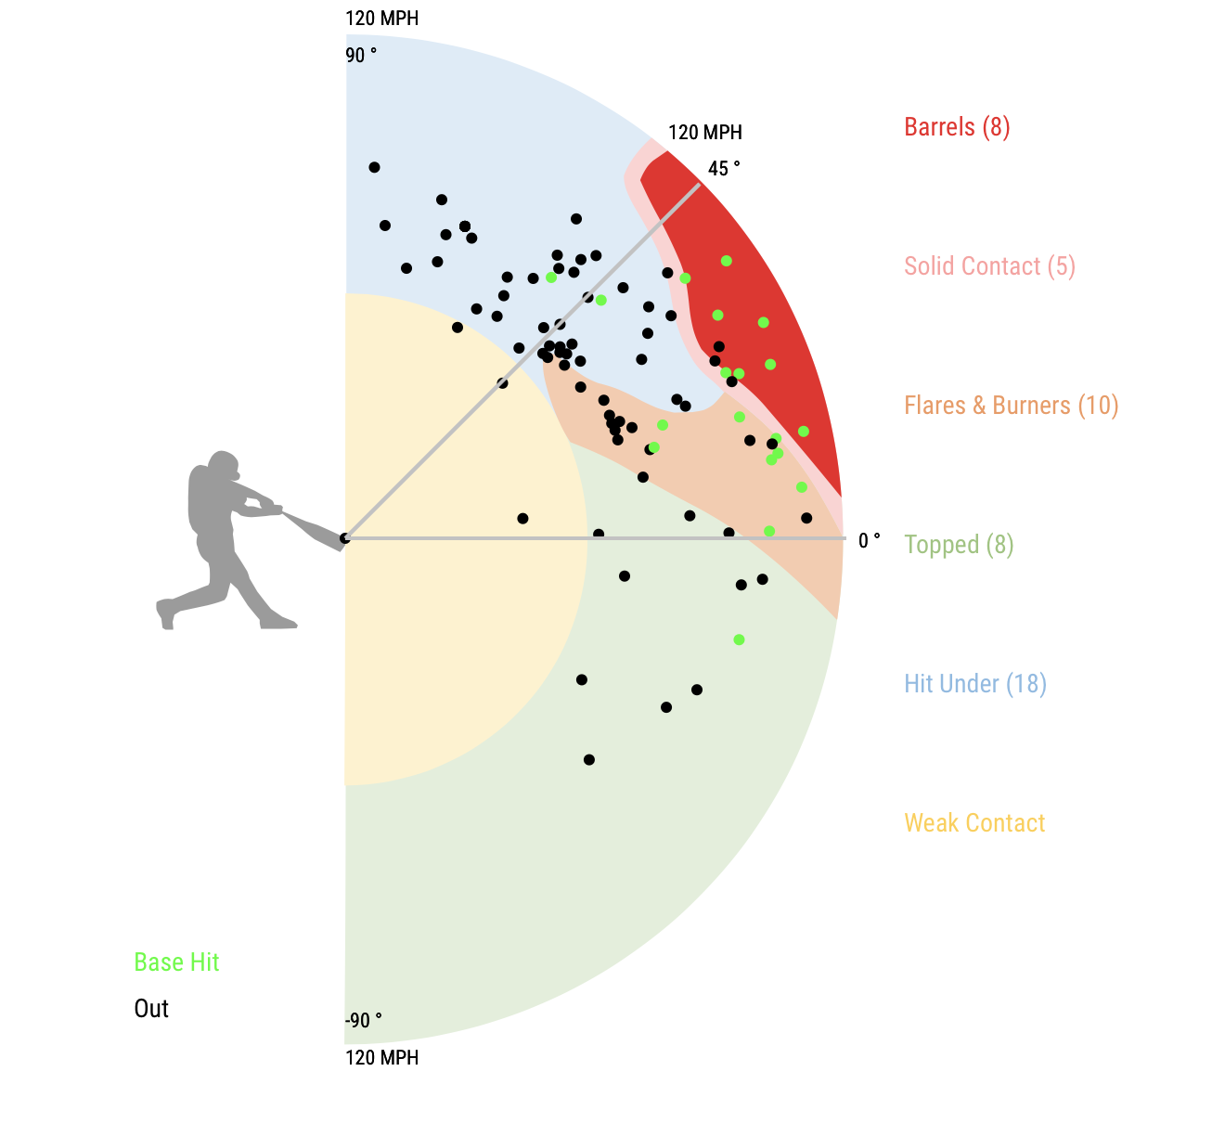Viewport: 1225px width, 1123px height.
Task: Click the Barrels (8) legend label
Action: [957, 127]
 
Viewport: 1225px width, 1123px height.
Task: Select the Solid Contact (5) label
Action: [989, 266]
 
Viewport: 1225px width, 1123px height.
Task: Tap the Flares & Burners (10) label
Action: [1011, 406]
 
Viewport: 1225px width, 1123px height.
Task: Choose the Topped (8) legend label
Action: [959, 545]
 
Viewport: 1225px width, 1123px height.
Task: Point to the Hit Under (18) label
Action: [975, 684]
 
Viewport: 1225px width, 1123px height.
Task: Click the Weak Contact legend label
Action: [974, 823]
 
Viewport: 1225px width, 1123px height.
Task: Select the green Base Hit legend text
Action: [176, 962]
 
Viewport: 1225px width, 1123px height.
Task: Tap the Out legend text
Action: [151, 1009]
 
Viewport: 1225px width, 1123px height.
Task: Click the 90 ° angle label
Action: [361, 56]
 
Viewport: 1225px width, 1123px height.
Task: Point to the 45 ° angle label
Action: [724, 169]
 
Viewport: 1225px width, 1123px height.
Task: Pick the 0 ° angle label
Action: [870, 541]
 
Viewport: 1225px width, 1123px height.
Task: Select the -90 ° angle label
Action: [363, 1021]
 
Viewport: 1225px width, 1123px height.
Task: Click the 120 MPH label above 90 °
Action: [381, 19]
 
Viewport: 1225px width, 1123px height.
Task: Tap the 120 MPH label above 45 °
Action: [704, 133]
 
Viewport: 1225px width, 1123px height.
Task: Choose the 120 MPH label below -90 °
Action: [381, 1058]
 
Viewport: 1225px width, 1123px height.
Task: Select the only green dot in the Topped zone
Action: [739, 639]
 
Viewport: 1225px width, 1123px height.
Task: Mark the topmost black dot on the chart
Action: [374, 167]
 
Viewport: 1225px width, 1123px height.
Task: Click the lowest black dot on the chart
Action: [589, 759]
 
